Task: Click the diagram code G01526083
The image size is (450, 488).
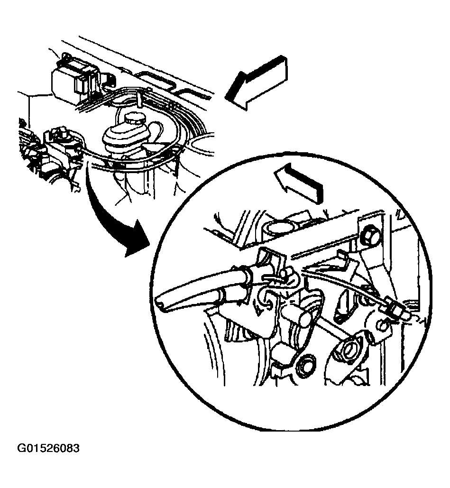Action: point(48,448)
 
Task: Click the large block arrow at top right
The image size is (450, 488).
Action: point(257,83)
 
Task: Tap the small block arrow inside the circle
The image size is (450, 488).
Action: point(298,183)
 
